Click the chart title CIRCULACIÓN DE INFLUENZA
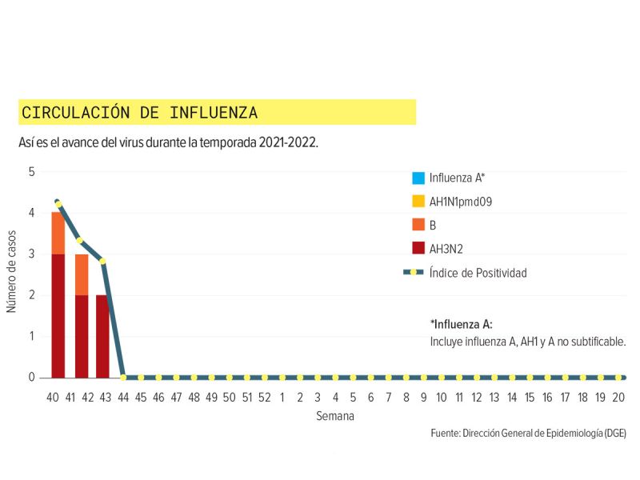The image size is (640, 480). click(139, 113)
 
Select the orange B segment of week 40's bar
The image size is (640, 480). click(58, 234)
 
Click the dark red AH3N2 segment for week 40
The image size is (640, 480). click(58, 315)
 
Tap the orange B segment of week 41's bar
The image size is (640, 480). click(82, 274)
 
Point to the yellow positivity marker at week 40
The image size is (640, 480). click(58, 204)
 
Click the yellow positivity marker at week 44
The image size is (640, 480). click(123, 377)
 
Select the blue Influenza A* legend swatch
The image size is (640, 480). click(418, 178)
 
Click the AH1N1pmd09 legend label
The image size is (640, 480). click(460, 202)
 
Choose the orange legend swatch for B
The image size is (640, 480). click(418, 226)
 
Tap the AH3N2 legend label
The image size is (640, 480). click(446, 250)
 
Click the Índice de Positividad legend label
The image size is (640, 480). click(478, 273)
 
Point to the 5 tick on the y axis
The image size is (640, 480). click(32, 172)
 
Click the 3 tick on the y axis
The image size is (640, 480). click(32, 254)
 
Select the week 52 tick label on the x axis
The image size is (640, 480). click(265, 397)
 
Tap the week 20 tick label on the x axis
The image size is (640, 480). click(618, 397)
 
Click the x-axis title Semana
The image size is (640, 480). click(334, 416)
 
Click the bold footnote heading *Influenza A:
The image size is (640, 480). click(461, 324)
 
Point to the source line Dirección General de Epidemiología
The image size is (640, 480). click(528, 433)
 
